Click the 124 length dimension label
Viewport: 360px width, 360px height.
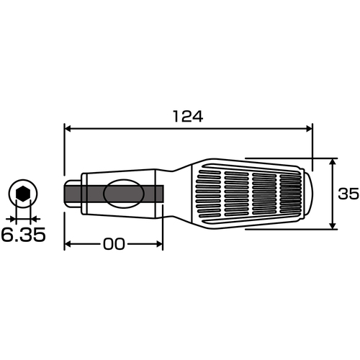click(188, 117)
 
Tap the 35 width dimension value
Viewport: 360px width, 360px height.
click(348, 194)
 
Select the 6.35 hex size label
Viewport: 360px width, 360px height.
click(23, 235)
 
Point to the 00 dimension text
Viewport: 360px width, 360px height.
click(114, 244)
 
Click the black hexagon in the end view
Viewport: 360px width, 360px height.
click(23, 194)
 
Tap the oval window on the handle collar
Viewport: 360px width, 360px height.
click(123, 194)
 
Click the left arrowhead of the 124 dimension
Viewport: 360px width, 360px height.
click(68, 129)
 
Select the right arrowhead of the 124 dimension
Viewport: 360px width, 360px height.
click(308, 129)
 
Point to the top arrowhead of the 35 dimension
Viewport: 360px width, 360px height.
click(332, 162)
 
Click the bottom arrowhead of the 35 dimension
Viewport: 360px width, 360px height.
click(332, 225)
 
